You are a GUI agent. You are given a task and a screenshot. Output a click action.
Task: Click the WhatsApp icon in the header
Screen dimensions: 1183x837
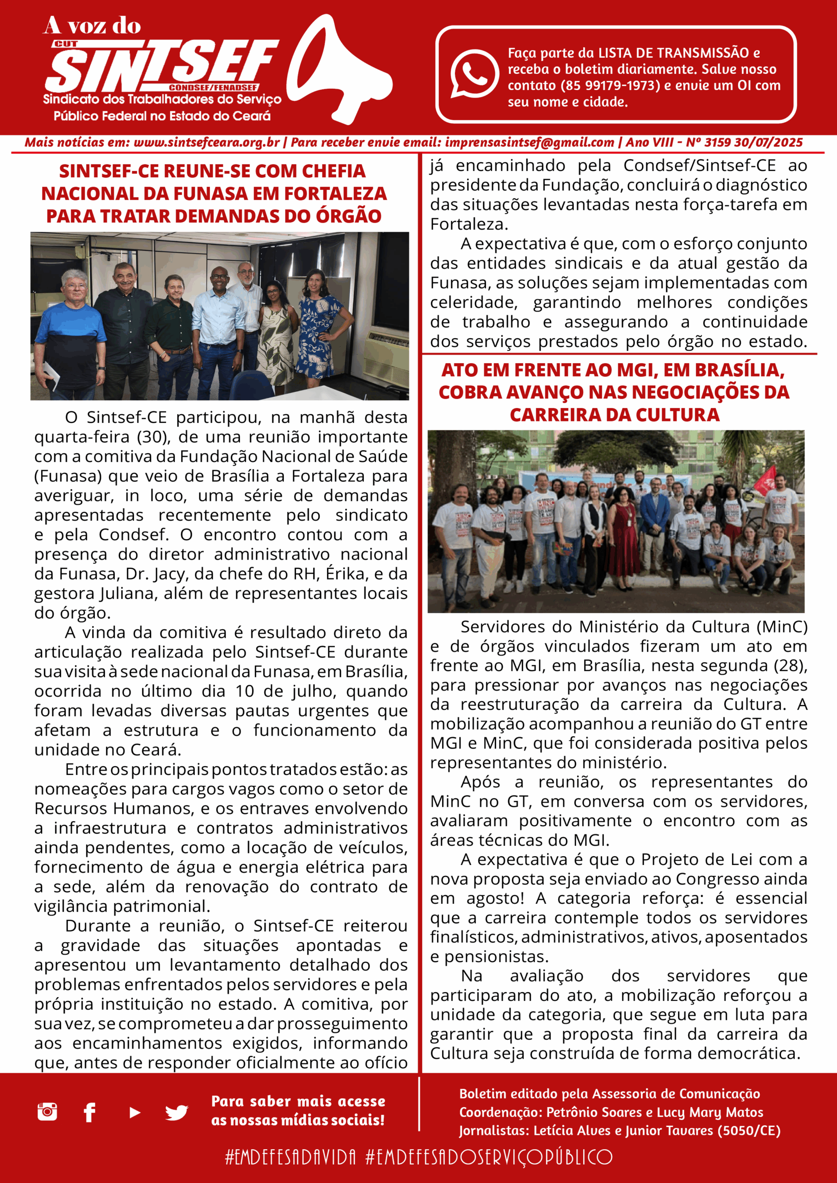click(x=474, y=73)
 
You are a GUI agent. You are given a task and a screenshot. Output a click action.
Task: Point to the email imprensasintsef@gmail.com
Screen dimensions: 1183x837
click(x=529, y=143)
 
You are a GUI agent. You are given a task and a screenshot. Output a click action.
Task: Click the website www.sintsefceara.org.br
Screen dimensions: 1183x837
click(x=206, y=143)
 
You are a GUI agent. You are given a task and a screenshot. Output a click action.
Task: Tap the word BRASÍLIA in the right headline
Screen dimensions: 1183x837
click(x=738, y=370)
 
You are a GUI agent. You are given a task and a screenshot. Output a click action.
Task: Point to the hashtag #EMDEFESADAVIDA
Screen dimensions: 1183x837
click(x=290, y=1157)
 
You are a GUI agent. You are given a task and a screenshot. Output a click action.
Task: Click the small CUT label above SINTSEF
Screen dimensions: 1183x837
click(x=66, y=44)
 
